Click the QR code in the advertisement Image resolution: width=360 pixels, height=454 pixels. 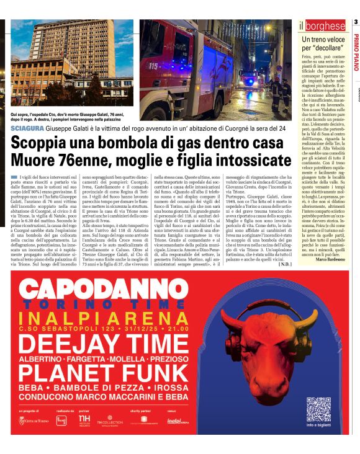coord(318,410)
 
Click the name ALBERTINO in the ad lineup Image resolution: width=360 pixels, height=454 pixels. coord(42,359)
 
